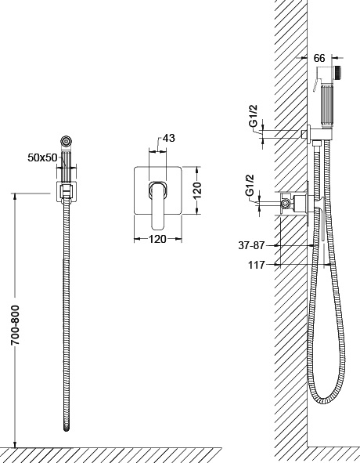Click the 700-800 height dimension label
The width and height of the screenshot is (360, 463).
coord(15,325)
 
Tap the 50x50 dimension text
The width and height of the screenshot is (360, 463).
coord(42,157)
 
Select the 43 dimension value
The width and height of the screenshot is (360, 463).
coord(168,138)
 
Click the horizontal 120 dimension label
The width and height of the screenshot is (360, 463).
coord(157,239)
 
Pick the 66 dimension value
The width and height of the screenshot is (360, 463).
coord(319,59)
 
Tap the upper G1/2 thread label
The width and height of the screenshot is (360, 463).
coord(254,116)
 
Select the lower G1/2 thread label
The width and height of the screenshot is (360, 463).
coord(250,185)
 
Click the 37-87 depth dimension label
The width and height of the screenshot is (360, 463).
coord(251,245)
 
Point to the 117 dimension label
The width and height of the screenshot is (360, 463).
coord(256,265)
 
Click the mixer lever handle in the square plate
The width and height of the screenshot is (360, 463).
coord(158,205)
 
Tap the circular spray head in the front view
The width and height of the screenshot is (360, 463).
coord(66,140)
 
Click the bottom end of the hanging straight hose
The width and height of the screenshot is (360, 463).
coord(67,429)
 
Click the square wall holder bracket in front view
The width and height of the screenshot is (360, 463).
coord(67,192)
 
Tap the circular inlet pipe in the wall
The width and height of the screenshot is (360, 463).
coord(285,203)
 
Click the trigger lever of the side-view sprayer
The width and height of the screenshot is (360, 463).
coord(315,84)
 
